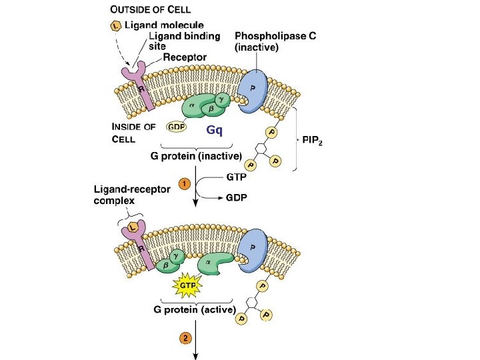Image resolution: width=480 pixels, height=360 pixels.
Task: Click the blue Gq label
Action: pos(214,129)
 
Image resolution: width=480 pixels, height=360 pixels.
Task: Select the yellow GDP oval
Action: pos(176,127)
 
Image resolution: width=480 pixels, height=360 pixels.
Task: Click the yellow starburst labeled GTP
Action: pos(185,286)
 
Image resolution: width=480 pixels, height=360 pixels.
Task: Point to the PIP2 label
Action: pos(317,141)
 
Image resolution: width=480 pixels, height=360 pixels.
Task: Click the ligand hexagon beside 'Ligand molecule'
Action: pos(115,25)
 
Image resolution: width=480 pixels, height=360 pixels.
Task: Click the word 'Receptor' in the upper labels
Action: pos(185,58)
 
